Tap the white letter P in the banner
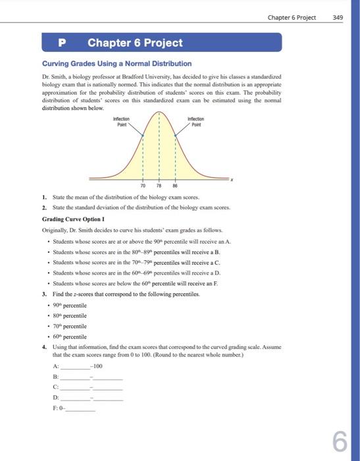(x=63, y=43)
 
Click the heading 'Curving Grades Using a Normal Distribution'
(x=116, y=64)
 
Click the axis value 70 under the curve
(x=143, y=186)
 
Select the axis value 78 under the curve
(x=159, y=186)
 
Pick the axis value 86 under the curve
(x=175, y=186)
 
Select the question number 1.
(x=43, y=197)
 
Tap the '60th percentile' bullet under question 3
(x=73, y=337)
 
